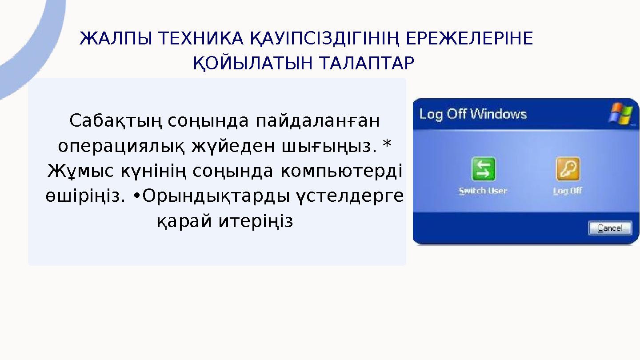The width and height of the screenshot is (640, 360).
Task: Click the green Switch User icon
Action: [x=483, y=169]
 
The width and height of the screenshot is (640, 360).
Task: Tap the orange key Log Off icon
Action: [x=568, y=169]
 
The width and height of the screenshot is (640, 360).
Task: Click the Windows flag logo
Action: [x=620, y=114]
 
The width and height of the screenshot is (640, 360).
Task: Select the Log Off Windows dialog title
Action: [x=473, y=114]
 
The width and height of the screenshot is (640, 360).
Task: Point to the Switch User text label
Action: [x=483, y=191]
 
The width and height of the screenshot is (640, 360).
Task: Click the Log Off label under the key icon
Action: [x=568, y=191]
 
